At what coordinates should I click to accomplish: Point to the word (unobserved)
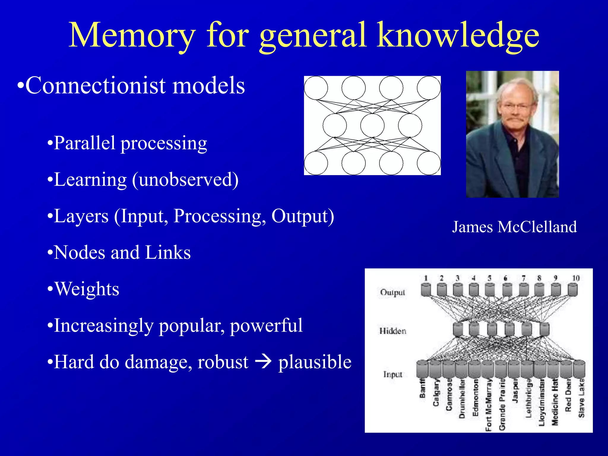(x=185, y=180)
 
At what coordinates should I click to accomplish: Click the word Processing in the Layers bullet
(x=220, y=216)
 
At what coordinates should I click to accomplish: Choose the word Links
(x=168, y=253)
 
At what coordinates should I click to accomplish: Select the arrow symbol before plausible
(x=263, y=362)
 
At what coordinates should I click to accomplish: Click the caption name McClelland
(x=537, y=227)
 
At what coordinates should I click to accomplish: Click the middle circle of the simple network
(x=372, y=126)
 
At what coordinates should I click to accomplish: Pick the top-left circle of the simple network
(x=316, y=88)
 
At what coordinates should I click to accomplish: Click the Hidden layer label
(x=392, y=331)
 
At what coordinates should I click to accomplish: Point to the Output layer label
(x=392, y=292)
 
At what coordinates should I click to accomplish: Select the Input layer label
(x=392, y=374)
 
